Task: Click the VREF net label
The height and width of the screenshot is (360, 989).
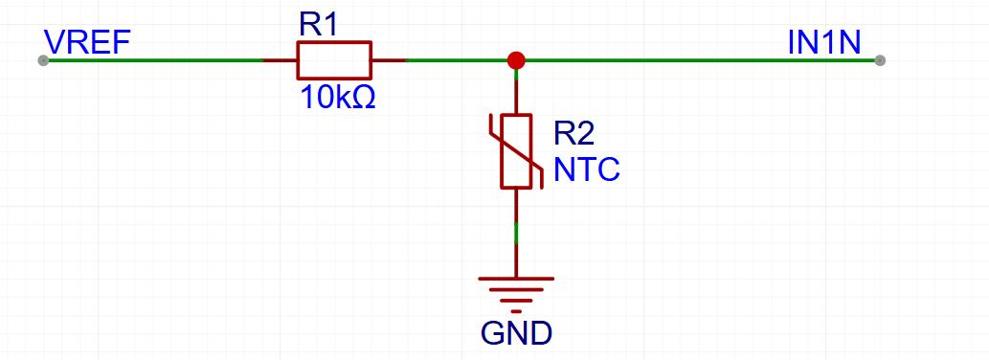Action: [x=87, y=42]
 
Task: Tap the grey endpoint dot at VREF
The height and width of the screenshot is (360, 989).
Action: [x=43, y=60]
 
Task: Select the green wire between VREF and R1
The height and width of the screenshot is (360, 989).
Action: [x=153, y=60]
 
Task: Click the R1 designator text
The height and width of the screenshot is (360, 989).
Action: [x=319, y=25]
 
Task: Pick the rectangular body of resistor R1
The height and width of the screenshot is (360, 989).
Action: [x=333, y=60]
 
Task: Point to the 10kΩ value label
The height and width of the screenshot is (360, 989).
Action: [x=337, y=97]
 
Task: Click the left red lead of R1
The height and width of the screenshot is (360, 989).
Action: [x=280, y=60]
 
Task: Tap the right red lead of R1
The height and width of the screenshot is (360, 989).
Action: [x=388, y=60]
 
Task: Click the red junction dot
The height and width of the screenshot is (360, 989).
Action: [x=517, y=60]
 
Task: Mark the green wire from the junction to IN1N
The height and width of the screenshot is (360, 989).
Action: [x=699, y=60]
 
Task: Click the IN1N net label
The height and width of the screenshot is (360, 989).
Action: [x=824, y=42]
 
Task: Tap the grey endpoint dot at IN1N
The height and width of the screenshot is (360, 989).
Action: [x=880, y=60]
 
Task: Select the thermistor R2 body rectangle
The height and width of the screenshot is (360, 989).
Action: [x=517, y=151]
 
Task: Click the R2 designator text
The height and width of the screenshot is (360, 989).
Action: [x=574, y=134]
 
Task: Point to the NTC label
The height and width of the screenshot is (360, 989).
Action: [x=587, y=169]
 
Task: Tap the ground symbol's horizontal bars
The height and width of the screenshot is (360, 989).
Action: [x=517, y=287]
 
